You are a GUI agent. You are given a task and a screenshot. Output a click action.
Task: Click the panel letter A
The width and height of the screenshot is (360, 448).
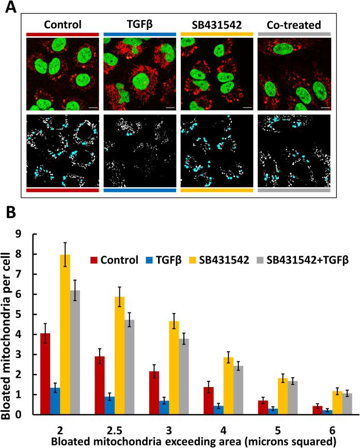click(x=9, y=9)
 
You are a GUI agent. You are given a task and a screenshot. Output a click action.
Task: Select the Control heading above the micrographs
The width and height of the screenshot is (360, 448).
click(x=62, y=24)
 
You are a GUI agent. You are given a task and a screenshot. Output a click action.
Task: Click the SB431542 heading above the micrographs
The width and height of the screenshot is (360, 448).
click(x=216, y=24)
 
